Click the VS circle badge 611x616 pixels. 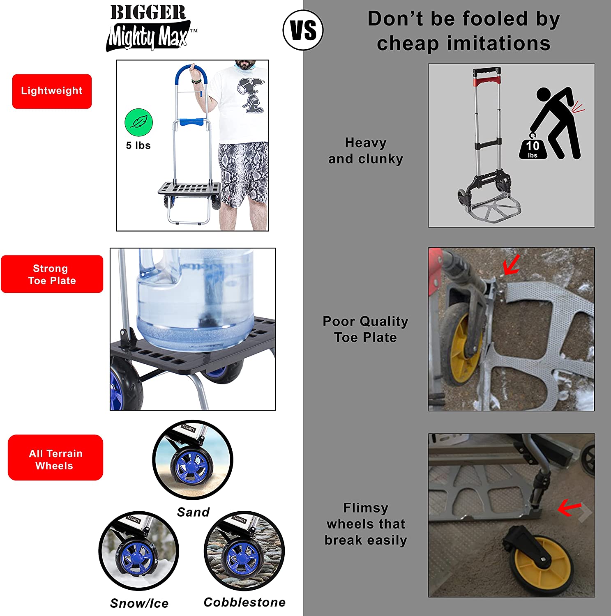303,30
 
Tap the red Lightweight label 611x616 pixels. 52,91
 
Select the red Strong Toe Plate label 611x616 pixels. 52,274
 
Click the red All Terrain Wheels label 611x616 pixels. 55,457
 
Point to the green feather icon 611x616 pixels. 138,122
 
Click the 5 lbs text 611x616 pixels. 138,145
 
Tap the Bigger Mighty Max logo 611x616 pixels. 150,28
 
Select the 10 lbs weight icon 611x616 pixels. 533,147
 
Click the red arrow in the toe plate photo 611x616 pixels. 512,264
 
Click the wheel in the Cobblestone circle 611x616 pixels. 242,558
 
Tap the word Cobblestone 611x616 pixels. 244,602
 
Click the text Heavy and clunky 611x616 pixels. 366,151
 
